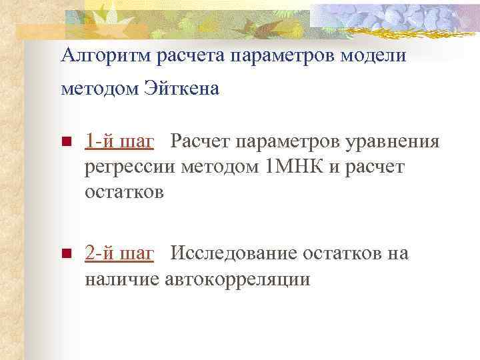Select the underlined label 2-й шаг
120,254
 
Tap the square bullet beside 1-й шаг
65,142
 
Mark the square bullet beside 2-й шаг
65,254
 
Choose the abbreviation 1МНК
294,167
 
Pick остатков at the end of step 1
125,193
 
